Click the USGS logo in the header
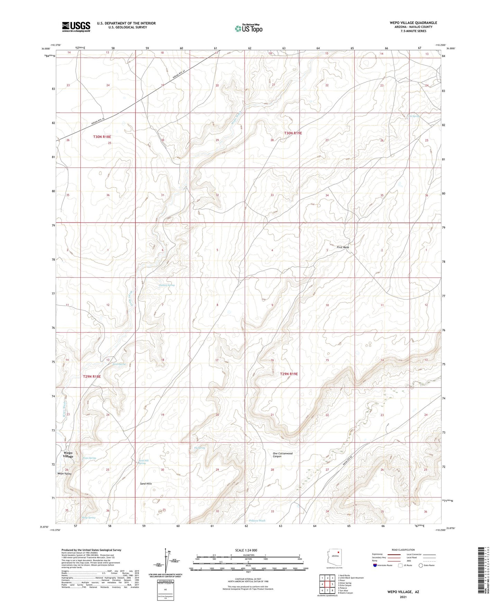[x=76, y=27]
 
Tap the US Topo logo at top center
[x=248, y=28]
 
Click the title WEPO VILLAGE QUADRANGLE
[x=413, y=23]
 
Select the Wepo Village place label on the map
[x=68, y=454]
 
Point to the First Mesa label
[x=343, y=247]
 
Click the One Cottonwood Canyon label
[x=282, y=455]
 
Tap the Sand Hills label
[x=146, y=484]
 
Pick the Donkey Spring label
[x=167, y=285]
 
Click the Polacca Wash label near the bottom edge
[x=257, y=521]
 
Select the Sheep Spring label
[x=89, y=518]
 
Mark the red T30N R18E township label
[x=102, y=137]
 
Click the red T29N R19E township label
[x=289, y=374]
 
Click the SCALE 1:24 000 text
[x=246, y=550]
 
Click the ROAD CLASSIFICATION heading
[x=403, y=550]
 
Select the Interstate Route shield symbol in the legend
[x=375, y=566]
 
